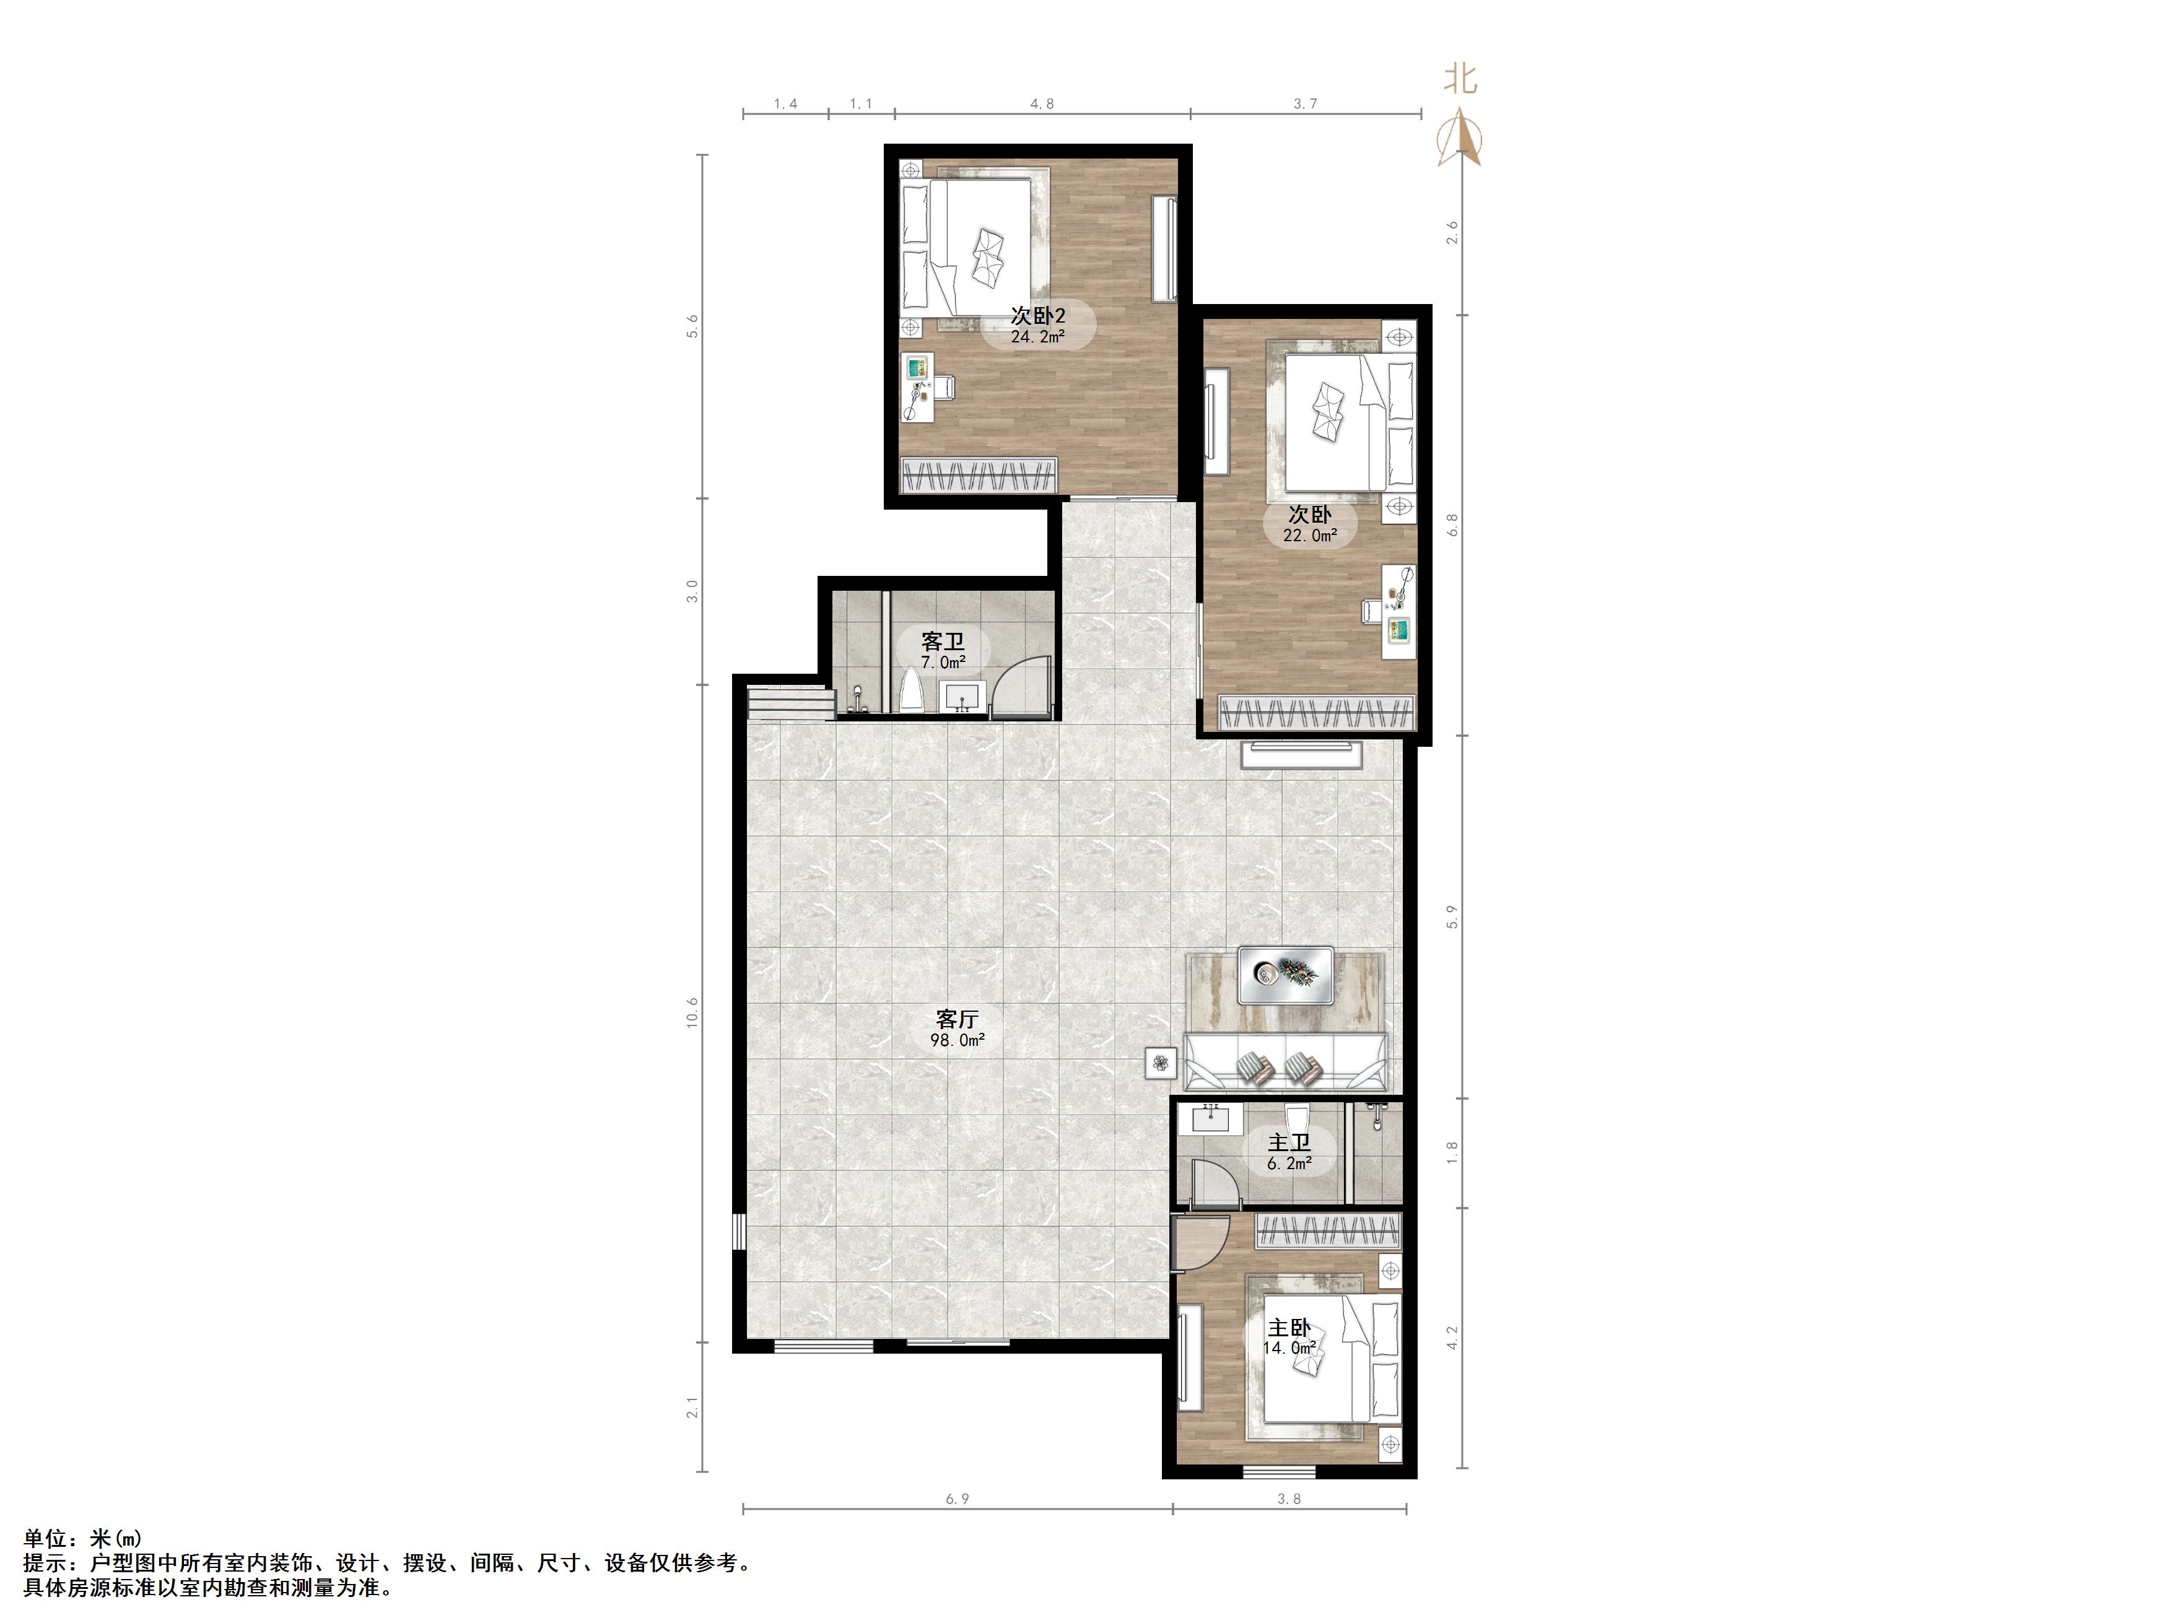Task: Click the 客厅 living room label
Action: pos(957,1019)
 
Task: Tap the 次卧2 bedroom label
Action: pos(1038,315)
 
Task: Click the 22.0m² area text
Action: pos(1310,536)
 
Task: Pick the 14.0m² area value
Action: pos(1289,1348)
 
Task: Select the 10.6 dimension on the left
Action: pos(692,1012)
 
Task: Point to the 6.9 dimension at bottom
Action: pos(958,1499)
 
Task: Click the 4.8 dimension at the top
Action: pos(1043,103)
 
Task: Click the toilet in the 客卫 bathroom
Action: pos(226,690)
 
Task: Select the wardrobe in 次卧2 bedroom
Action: pos(979,476)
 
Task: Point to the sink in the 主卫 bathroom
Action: pos(1210,1117)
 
